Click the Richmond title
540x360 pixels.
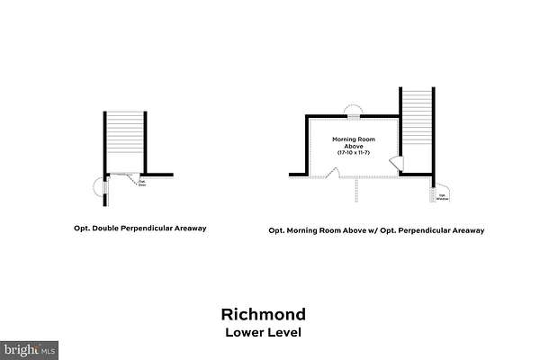tap(263, 315)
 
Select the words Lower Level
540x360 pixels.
tap(263, 332)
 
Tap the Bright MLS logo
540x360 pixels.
tap(30, 347)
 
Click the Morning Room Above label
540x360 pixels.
tap(352, 143)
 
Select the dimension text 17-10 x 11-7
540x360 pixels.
tap(352, 153)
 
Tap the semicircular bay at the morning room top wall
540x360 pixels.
tap(355, 112)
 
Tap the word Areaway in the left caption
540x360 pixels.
tap(189, 229)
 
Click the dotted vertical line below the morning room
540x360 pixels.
tap(357, 189)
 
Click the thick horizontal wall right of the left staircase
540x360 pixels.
tap(158, 174)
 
